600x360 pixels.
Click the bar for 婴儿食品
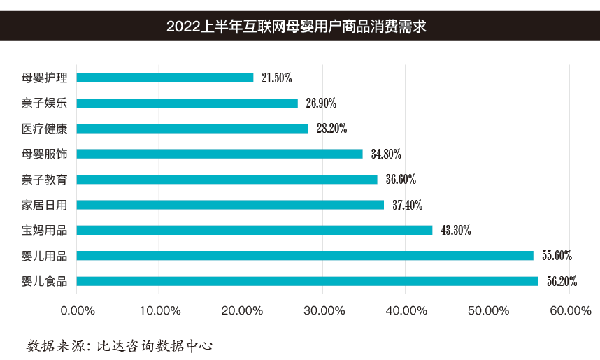(307, 281)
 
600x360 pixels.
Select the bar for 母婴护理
(165, 78)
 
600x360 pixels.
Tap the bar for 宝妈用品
(255, 230)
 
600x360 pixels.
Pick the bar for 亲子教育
(227, 180)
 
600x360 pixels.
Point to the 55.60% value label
(557, 256)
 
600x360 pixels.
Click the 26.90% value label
(321, 103)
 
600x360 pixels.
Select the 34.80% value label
(386, 154)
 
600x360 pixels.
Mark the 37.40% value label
(407, 205)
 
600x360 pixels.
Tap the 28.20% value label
(331, 129)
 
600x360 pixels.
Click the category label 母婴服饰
(44, 154)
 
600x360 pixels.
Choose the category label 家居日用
(44, 205)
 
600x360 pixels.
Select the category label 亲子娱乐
(44, 103)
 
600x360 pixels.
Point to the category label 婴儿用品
(44, 256)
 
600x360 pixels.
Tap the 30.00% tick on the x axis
(323, 310)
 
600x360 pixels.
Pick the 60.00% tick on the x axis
(570, 310)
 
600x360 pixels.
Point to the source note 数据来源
(119, 345)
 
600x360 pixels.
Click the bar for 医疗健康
(192, 129)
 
